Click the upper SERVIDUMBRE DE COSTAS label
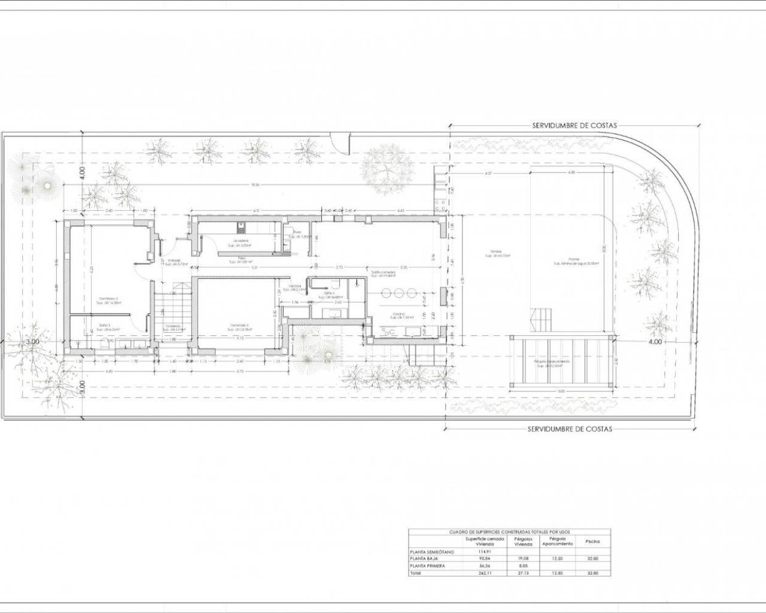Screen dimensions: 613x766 [574, 126]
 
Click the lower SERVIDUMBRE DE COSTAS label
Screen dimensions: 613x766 [569, 429]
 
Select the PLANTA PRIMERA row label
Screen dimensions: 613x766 [428, 566]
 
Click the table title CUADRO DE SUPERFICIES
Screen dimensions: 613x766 [509, 531]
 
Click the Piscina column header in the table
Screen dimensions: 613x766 [592, 541]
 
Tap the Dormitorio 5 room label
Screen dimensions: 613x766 [108, 299]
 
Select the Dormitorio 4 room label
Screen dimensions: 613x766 [238, 326]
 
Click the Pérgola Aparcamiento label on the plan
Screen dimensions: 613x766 [552, 362]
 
